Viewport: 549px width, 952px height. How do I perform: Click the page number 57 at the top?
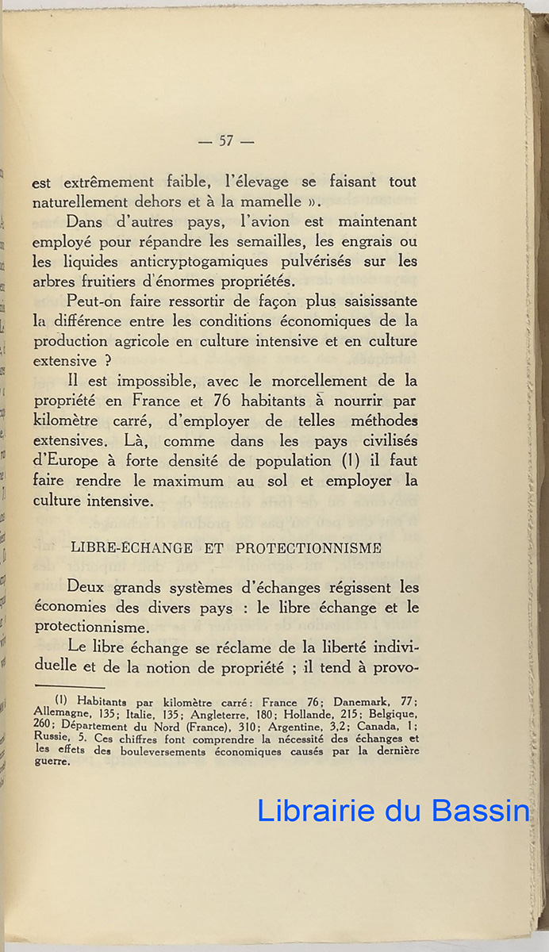[226, 141]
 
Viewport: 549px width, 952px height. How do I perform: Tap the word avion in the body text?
[270, 221]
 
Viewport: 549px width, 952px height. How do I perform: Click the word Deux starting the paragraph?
[88, 588]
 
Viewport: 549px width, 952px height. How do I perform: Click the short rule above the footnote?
[70, 687]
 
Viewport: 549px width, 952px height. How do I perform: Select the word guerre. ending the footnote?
[52, 763]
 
